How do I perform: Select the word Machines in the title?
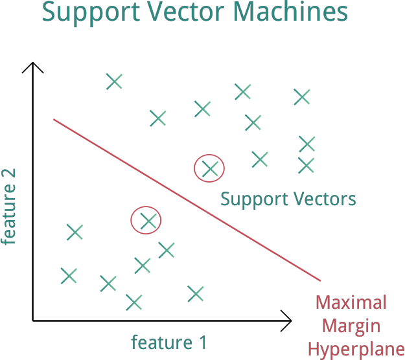point(292,12)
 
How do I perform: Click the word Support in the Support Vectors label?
point(249,199)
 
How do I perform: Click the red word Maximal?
point(351,302)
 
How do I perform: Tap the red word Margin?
point(351,326)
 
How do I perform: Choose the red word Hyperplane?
point(356,350)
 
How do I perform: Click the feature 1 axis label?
point(169,342)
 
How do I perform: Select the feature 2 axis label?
point(8,207)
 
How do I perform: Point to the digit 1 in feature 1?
point(202,342)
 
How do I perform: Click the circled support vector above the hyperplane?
point(209,168)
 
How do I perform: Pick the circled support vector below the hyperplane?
point(148,221)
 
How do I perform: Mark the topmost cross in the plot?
point(114,82)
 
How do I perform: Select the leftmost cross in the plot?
point(69,276)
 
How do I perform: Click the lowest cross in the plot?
point(133,302)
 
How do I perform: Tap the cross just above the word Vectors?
point(306,166)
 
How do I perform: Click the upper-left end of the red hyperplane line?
point(54,120)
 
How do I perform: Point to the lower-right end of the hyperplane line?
point(320,281)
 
